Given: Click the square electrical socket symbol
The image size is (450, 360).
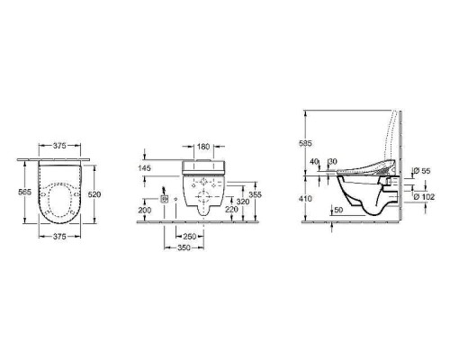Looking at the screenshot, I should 165,194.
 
